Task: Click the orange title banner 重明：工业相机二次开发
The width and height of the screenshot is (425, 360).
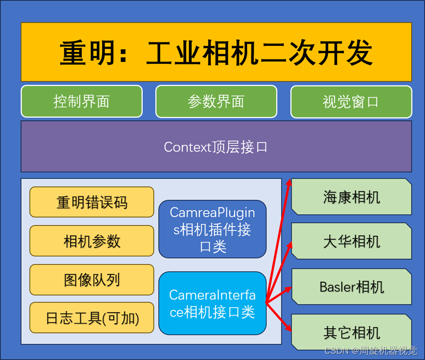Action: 216,52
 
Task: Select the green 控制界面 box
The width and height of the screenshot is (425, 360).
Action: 82,101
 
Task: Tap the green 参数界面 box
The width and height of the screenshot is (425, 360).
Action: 216,101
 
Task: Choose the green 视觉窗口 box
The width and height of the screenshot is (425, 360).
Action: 351,101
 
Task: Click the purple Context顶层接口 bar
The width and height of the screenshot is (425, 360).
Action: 216,146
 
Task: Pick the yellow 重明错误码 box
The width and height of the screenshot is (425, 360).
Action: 92,202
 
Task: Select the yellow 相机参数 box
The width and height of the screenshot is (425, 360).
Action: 92,241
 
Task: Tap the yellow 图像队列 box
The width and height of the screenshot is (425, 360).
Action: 92,280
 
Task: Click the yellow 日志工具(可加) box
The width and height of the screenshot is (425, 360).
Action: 92,317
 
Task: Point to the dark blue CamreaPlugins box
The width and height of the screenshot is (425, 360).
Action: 212,229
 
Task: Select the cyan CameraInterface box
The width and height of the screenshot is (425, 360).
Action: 212,303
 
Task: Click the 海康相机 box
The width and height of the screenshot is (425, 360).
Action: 352,197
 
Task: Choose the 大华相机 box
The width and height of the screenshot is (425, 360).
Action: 352,241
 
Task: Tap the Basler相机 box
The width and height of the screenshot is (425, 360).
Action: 352,287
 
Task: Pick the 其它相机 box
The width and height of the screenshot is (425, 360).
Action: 352,332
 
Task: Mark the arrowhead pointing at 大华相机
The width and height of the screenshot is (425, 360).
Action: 290,245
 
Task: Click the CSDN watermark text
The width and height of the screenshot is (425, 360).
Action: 370,349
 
